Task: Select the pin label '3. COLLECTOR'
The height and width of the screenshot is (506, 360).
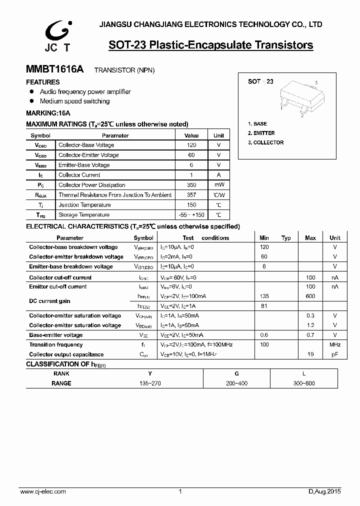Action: (x=265, y=142)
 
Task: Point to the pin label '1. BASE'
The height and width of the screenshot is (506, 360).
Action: (x=257, y=123)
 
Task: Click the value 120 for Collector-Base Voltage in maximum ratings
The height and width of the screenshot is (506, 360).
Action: (x=191, y=145)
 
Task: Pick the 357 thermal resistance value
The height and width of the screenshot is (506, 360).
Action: (x=191, y=195)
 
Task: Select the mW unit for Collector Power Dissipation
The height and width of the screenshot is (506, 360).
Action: (x=219, y=185)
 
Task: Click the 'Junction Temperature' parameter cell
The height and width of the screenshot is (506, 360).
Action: (x=84, y=205)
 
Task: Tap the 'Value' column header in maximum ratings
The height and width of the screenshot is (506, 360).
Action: (x=191, y=135)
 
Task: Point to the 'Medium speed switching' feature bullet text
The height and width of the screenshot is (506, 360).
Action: (x=74, y=101)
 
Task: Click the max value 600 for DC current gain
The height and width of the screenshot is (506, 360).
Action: (x=310, y=296)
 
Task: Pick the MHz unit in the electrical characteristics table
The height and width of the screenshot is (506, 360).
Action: (x=335, y=344)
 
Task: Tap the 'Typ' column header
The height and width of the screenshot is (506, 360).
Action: (x=286, y=238)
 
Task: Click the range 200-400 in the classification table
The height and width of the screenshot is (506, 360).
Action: (x=237, y=383)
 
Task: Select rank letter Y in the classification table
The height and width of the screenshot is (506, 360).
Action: (x=150, y=373)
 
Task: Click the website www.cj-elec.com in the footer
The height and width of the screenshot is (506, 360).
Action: (x=43, y=492)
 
